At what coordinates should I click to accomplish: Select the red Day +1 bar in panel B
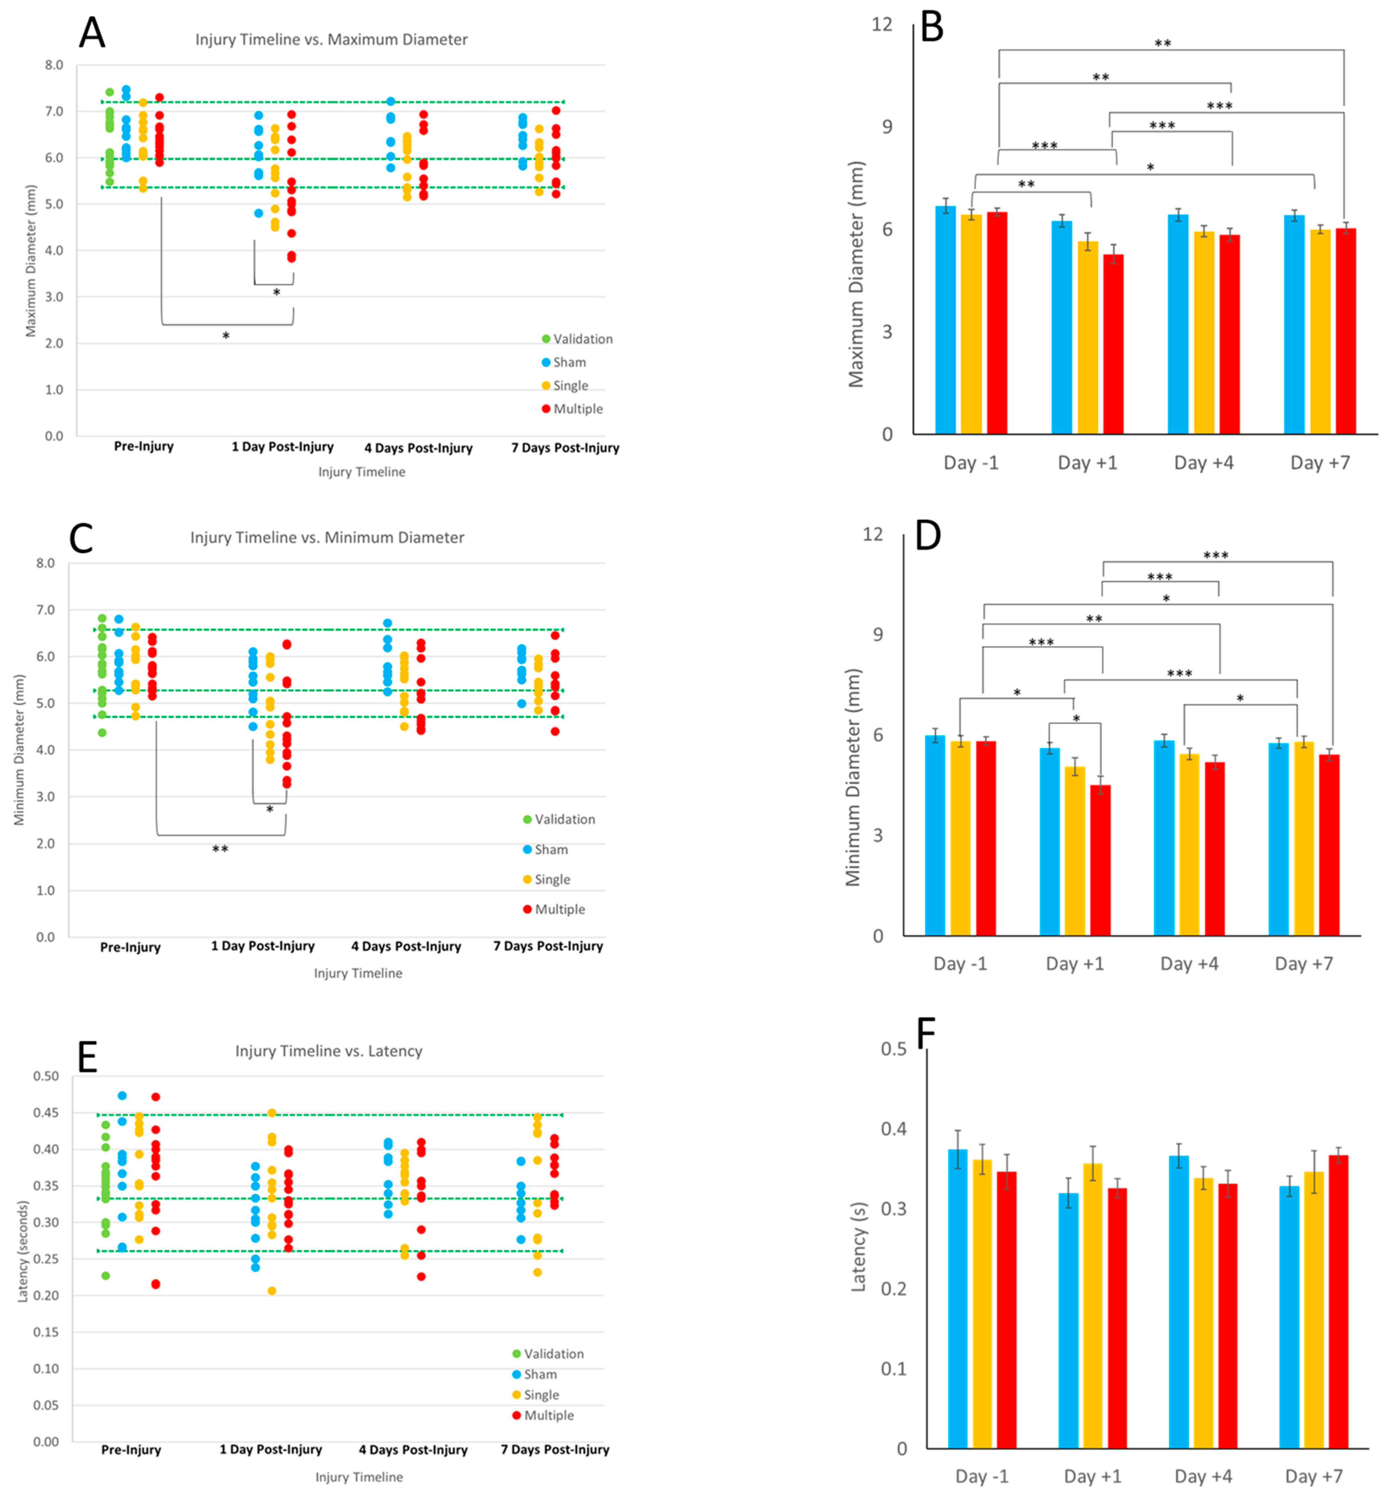[1113, 344]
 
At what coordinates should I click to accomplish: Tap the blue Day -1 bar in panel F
[957, 1300]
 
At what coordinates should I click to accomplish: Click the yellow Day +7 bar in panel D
[1304, 839]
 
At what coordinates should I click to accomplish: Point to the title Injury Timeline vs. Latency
[329, 1051]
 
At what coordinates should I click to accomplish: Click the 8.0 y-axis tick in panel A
[54, 65]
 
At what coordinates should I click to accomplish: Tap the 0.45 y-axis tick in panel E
[47, 1113]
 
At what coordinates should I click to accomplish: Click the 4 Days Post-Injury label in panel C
[406, 946]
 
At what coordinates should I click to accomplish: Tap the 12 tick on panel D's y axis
[873, 534]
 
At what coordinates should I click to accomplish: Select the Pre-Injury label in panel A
[144, 446]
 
